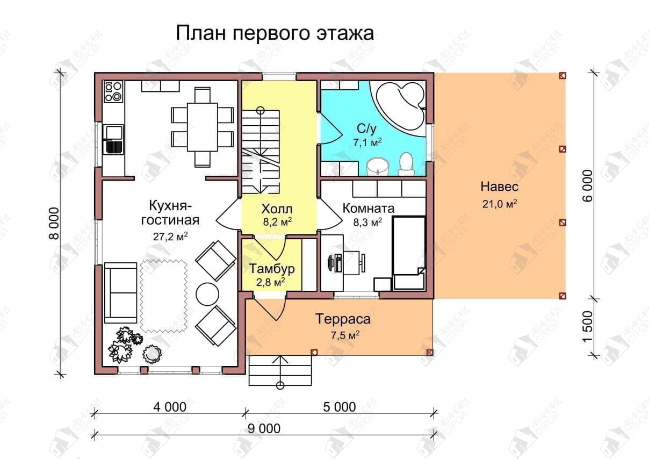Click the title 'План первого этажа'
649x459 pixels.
(x=275, y=33)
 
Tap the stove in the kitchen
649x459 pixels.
(x=113, y=91)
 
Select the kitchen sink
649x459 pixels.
(x=113, y=139)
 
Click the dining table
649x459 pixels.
(x=202, y=127)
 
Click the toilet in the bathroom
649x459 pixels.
(x=406, y=164)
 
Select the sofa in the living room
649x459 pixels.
(x=120, y=293)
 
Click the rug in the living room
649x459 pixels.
(x=164, y=296)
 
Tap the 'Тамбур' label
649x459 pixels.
(x=272, y=269)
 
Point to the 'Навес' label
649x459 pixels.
(x=500, y=187)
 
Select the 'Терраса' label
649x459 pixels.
(x=343, y=319)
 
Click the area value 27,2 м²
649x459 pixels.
(x=170, y=236)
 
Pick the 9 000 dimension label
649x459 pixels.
(x=264, y=428)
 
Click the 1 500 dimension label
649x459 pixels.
(x=587, y=327)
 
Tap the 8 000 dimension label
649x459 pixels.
(x=54, y=223)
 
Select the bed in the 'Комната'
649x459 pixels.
(x=408, y=253)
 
